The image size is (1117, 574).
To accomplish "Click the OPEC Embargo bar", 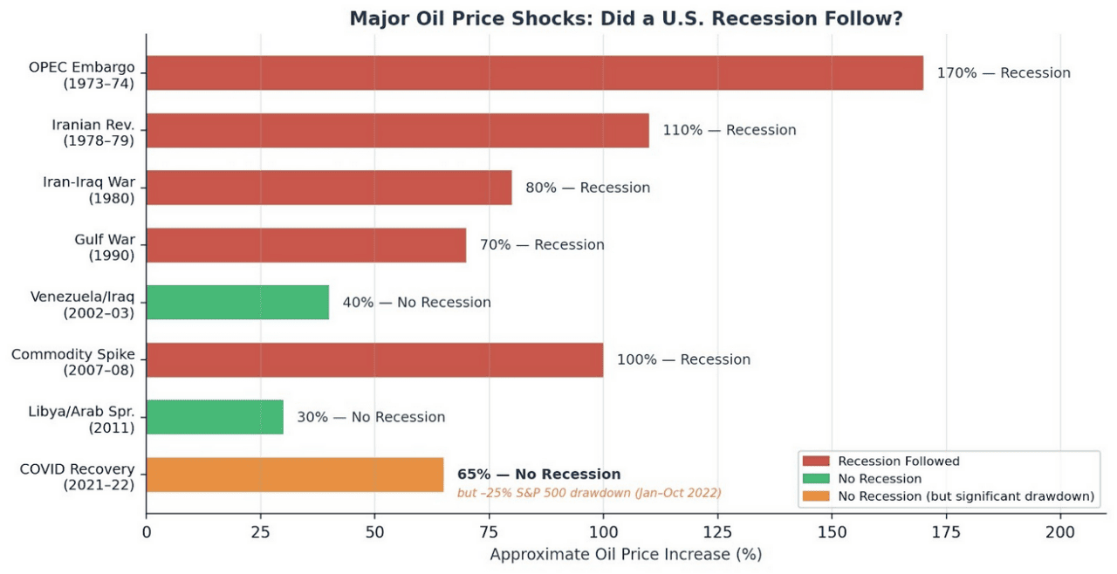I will pyautogui.click(x=534, y=73).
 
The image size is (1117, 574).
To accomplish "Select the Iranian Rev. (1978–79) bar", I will pyautogui.click(x=397, y=130).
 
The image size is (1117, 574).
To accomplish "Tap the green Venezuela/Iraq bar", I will pyautogui.click(x=237, y=303).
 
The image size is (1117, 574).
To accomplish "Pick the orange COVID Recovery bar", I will pyautogui.click(x=294, y=475).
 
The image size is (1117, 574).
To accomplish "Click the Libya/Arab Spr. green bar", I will pyautogui.click(x=215, y=417).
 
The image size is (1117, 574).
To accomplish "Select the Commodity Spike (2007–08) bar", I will pyautogui.click(x=374, y=359).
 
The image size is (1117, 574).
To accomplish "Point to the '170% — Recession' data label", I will pyautogui.click(x=1003, y=73).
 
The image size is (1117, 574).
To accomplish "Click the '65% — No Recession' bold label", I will pyautogui.click(x=538, y=475).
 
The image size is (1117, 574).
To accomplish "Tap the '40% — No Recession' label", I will pyautogui.click(x=416, y=303).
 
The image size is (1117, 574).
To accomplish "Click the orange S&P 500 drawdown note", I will pyautogui.click(x=589, y=494).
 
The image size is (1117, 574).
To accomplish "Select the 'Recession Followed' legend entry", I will pyautogui.click(x=898, y=461).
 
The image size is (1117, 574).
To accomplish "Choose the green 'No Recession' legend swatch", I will pyautogui.click(x=816, y=479).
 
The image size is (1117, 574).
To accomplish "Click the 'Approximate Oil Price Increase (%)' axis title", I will pyautogui.click(x=625, y=555).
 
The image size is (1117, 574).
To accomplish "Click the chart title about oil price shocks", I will pyautogui.click(x=626, y=18).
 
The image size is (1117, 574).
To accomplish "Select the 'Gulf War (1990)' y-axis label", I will pyautogui.click(x=110, y=246).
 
